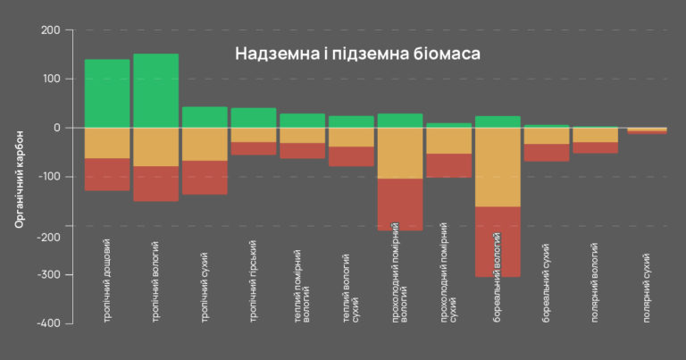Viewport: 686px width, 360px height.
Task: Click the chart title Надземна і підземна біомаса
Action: pos(357,54)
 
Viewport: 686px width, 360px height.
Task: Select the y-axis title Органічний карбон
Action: pos(20,178)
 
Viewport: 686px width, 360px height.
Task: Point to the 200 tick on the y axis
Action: pos(50,30)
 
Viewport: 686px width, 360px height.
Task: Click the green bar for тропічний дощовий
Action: pos(107,94)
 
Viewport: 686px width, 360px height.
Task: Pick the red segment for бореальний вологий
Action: pos(498,241)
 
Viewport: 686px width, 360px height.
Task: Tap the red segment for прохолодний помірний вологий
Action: pos(400,204)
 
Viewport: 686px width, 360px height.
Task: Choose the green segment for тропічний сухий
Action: pos(205,117)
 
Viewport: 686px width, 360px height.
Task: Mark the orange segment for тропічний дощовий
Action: pos(107,143)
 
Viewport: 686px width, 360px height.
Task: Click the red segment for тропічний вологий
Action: pos(156,183)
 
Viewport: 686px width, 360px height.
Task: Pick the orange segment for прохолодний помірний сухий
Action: pos(448,141)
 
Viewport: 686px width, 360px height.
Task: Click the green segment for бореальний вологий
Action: pos(498,121)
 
